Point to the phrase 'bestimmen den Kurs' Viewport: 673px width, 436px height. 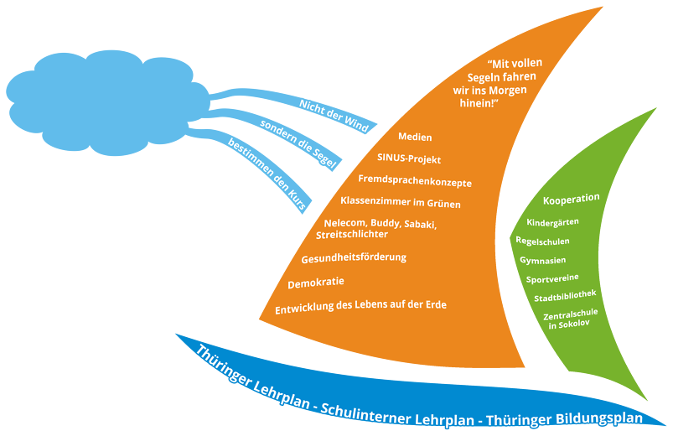269,172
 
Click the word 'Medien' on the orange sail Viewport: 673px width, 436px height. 415,137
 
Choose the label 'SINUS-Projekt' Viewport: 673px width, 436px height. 409,159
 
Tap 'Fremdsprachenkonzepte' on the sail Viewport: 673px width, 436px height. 414,181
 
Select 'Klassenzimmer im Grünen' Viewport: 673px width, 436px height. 400,203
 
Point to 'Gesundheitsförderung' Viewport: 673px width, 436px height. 353,257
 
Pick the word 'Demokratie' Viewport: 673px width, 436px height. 316,282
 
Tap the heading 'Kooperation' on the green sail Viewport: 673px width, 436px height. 571,199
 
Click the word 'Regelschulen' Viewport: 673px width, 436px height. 542,241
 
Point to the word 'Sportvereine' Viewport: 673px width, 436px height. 552,278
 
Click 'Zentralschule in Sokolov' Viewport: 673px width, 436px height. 570,319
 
